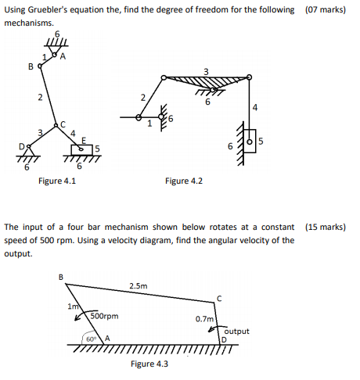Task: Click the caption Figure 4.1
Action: tap(56, 181)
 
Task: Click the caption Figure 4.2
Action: tap(185, 181)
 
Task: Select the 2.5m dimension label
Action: tap(136, 287)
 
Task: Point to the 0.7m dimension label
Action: tap(204, 319)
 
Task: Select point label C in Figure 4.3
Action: tap(221, 297)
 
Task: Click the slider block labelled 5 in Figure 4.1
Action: tap(88, 149)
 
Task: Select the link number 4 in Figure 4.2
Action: tap(257, 106)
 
